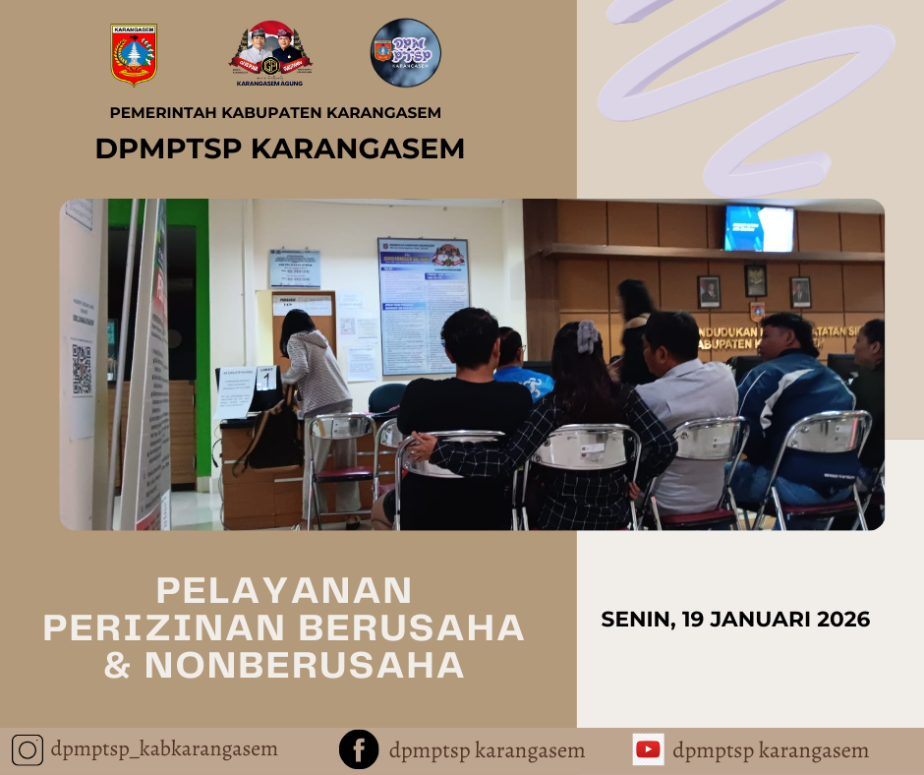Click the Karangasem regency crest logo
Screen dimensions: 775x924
(134, 54)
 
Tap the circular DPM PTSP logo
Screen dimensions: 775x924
(405, 53)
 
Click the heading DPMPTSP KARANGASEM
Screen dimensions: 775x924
(280, 149)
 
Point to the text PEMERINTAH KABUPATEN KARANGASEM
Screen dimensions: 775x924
(275, 112)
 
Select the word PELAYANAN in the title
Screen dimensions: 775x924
(284, 590)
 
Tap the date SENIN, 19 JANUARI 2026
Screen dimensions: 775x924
(735, 620)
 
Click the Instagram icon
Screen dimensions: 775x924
(29, 750)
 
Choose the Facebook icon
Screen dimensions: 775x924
(359, 750)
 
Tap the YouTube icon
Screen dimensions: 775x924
(648, 749)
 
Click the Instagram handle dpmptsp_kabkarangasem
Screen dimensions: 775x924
(164, 749)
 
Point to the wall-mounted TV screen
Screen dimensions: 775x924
(759, 228)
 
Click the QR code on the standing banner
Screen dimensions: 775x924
(82, 369)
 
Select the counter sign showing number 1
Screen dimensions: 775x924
(265, 380)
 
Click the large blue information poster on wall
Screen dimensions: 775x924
(424, 305)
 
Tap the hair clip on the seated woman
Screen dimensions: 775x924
(587, 336)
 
